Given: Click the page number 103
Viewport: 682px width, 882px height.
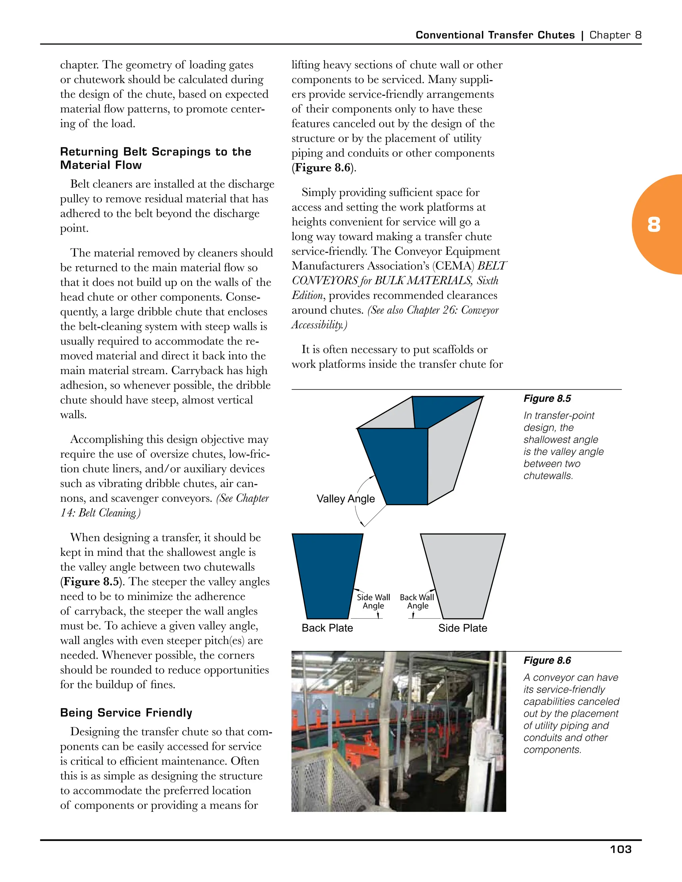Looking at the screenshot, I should pyautogui.click(x=621, y=849).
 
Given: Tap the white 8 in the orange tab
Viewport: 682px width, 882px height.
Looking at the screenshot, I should pyautogui.click(x=654, y=225).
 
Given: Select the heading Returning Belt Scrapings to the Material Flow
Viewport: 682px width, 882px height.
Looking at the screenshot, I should pyautogui.click(x=156, y=158).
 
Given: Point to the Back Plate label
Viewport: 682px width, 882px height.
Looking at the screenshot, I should pyautogui.click(x=327, y=628).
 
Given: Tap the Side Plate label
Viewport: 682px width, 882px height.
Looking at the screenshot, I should pyautogui.click(x=463, y=628).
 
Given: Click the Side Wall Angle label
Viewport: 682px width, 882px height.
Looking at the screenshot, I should pyautogui.click(x=373, y=601).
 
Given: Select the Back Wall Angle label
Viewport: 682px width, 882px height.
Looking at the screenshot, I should pyautogui.click(x=417, y=601).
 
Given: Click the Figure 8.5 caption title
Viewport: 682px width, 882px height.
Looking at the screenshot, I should pyautogui.click(x=547, y=399).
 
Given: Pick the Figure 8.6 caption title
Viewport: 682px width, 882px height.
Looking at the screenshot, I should pyautogui.click(x=547, y=660).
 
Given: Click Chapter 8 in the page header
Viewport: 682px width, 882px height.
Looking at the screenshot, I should pyautogui.click(x=615, y=35).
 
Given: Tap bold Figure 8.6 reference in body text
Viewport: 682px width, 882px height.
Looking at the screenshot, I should pyautogui.click(x=323, y=168).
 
